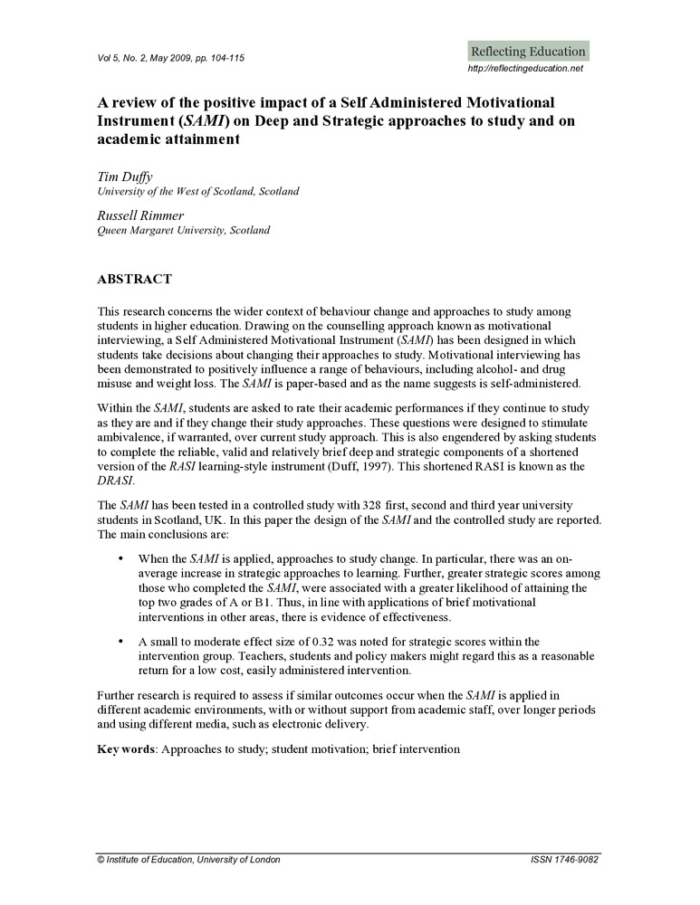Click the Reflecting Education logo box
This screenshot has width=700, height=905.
pyautogui.click(x=528, y=51)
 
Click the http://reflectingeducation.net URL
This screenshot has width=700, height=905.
pyautogui.click(x=525, y=69)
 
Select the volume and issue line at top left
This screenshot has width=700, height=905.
pyautogui.click(x=170, y=58)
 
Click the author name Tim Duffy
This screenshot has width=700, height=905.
pyautogui.click(x=124, y=177)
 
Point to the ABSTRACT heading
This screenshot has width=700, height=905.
pyautogui.click(x=134, y=279)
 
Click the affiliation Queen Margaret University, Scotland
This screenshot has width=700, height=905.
pyautogui.click(x=183, y=231)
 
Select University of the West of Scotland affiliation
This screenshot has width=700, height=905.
pyautogui.click(x=197, y=192)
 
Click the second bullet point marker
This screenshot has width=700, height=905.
pyautogui.click(x=120, y=642)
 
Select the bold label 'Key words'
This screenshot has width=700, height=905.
pyautogui.click(x=126, y=749)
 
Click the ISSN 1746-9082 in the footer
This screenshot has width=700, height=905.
pyautogui.click(x=565, y=860)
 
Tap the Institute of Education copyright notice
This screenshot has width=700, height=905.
pyautogui.click(x=188, y=860)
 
